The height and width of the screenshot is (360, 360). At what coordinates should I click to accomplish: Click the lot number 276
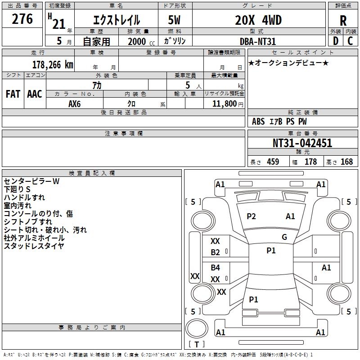(22, 19)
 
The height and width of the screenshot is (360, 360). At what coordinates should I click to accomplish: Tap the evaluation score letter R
(343, 21)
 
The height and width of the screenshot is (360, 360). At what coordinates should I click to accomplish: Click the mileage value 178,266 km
(53, 64)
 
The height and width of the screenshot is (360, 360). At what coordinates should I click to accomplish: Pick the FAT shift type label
(13, 94)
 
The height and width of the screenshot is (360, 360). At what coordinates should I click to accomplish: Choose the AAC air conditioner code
(35, 94)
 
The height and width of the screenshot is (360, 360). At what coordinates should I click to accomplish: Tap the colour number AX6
(75, 103)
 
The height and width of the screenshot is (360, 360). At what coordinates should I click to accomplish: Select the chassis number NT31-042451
(302, 143)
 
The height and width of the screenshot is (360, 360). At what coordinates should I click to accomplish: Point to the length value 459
(273, 162)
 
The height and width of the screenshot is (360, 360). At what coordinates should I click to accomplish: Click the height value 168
(346, 162)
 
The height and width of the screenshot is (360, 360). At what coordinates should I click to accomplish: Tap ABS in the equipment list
(258, 121)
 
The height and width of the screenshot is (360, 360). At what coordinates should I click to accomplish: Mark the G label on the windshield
(284, 237)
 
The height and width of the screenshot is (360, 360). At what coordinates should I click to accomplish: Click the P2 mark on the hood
(251, 216)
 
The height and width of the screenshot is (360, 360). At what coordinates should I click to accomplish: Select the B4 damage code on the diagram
(216, 268)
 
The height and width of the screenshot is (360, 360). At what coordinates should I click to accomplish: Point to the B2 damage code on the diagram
(216, 252)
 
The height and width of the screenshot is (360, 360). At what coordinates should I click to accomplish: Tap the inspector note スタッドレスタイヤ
(34, 246)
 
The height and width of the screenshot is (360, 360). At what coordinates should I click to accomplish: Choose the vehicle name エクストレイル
(116, 21)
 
